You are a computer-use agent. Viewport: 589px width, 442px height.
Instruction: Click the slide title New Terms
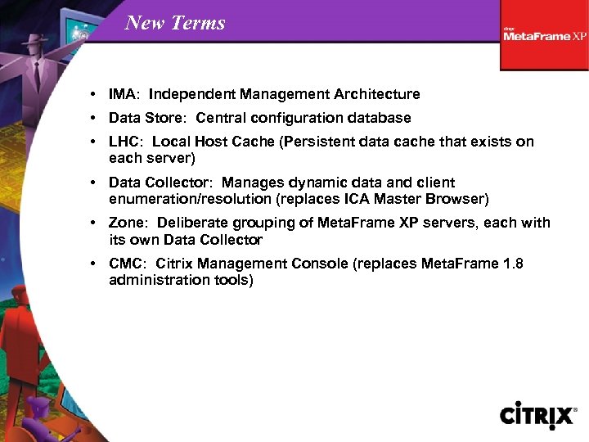(x=175, y=23)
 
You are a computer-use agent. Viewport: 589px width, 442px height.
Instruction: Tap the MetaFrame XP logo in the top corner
(x=544, y=35)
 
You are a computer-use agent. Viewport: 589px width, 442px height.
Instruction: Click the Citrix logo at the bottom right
(x=538, y=415)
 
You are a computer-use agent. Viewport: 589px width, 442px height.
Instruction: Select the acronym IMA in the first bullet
(x=123, y=94)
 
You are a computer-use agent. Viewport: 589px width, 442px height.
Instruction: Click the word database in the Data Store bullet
(x=381, y=118)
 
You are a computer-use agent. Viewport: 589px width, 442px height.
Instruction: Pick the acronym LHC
(x=124, y=142)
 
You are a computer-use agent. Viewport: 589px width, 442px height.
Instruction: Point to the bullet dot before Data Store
(x=96, y=118)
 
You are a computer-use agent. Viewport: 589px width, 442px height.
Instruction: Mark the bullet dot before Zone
(x=96, y=223)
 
